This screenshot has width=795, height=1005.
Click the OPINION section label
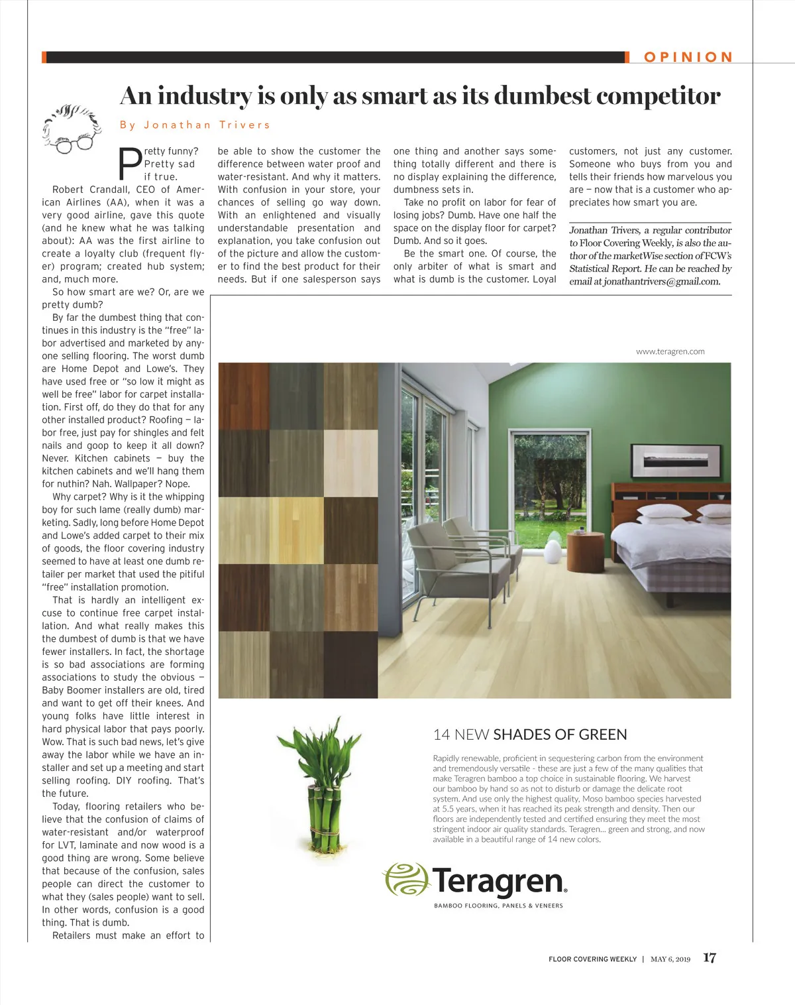pyautogui.click(x=688, y=57)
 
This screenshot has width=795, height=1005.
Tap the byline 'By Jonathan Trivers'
pyautogui.click(x=195, y=125)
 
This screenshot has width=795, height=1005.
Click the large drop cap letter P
pyautogui.click(x=129, y=164)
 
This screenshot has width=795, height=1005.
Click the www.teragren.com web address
pyautogui.click(x=670, y=351)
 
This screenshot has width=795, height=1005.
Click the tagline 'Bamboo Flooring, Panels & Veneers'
pyautogui.click(x=498, y=906)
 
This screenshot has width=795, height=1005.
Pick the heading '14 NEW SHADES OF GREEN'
pyautogui.click(x=530, y=735)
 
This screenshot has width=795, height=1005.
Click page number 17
pyautogui.click(x=710, y=958)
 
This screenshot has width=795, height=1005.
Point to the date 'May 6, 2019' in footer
pyautogui.click(x=670, y=959)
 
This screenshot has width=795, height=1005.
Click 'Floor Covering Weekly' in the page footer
pyautogui.click(x=592, y=959)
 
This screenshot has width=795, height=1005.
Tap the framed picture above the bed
pyautogui.click(x=676, y=458)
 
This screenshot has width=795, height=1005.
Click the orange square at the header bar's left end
pyautogui.click(x=44, y=57)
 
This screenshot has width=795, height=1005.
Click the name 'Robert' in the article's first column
pyautogui.click(x=68, y=190)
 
